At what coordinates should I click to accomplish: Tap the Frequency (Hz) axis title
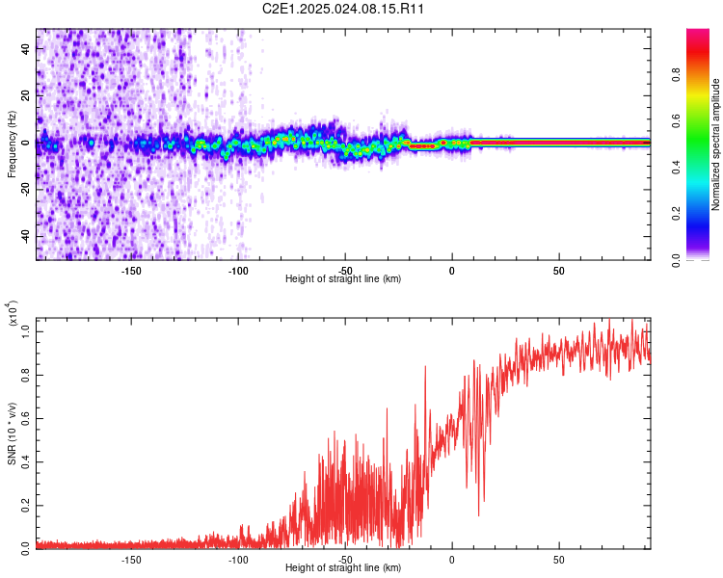pos(12,144)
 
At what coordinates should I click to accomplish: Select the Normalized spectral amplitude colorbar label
pos(715,144)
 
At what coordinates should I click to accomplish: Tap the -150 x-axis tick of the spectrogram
pos(132,271)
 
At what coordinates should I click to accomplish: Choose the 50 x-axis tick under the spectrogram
pos(559,271)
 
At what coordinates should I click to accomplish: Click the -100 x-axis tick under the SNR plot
pos(238,560)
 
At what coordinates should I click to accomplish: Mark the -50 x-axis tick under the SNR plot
pos(345,560)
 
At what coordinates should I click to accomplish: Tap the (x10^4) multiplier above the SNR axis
pos(13,314)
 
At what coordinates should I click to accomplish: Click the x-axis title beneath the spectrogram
pos(343,279)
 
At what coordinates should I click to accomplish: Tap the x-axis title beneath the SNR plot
pos(343,568)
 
